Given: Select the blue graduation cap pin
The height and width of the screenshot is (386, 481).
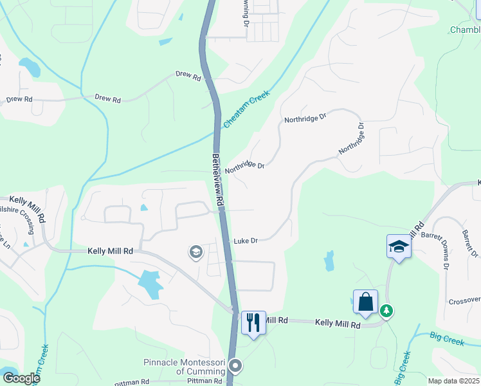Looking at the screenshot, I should pos(399,246).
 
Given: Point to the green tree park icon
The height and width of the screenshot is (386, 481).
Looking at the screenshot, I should pos(386,311).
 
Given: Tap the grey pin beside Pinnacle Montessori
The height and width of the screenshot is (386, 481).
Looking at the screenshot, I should pos(235,367).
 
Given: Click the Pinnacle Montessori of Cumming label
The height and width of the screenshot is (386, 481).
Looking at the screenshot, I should pos(184,367).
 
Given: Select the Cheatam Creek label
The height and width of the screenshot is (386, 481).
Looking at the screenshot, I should pos(247,109).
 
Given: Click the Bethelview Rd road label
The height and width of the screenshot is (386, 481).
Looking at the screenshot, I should pos(219,179).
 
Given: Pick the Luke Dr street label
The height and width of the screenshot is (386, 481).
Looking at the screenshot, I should pos(245,241).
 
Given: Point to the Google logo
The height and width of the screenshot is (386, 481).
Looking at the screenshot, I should pos(21,378).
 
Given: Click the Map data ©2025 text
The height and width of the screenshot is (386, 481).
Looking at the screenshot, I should pos(453,381).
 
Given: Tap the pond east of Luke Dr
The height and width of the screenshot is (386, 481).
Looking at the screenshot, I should pos(329,260).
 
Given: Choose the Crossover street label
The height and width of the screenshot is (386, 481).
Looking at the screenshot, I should pos(464,301).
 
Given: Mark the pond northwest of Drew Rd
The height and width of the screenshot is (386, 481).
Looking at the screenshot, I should pos(30,65).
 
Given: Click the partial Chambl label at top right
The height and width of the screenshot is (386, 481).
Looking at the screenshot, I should pos(464,30).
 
